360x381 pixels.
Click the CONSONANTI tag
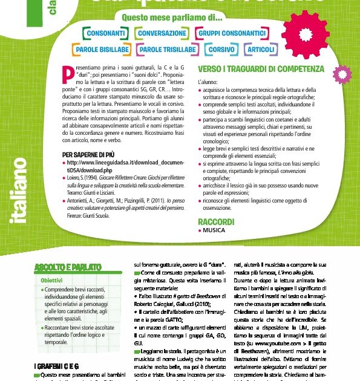[x=106, y=33]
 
